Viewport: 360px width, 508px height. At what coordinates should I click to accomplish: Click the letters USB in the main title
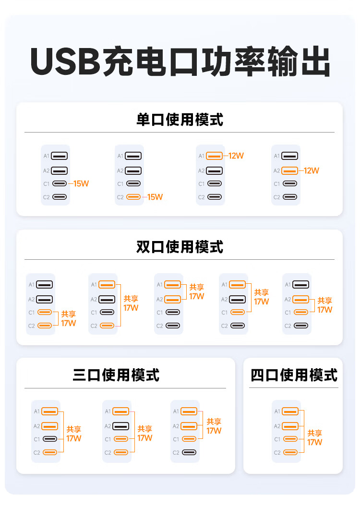[65, 61]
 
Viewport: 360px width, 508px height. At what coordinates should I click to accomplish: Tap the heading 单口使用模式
[180, 120]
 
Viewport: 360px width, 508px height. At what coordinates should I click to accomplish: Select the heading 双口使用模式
[180, 247]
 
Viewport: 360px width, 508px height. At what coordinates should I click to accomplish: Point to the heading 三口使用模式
[116, 375]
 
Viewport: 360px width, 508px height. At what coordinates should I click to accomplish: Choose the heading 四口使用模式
[294, 375]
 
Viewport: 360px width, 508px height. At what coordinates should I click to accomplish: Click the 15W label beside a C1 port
[81, 184]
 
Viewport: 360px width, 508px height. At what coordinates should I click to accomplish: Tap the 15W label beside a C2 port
[155, 197]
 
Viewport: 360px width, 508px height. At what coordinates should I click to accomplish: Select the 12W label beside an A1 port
[236, 156]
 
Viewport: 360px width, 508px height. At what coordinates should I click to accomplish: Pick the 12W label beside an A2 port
[312, 171]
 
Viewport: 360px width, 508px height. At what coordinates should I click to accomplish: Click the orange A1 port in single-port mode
[214, 156]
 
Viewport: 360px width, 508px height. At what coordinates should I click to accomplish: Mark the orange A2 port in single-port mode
[290, 171]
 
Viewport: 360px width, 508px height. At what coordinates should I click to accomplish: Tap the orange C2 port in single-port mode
[133, 197]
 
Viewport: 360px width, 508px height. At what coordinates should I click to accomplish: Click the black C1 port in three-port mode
[50, 439]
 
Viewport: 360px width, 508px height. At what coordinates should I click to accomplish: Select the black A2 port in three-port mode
[121, 426]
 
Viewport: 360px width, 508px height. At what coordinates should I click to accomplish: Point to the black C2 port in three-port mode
[189, 452]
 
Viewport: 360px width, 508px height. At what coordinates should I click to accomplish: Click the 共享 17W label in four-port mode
[315, 438]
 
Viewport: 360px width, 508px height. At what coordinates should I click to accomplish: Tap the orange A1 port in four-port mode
[290, 411]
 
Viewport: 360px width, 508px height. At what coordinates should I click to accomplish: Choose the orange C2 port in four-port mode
[290, 452]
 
